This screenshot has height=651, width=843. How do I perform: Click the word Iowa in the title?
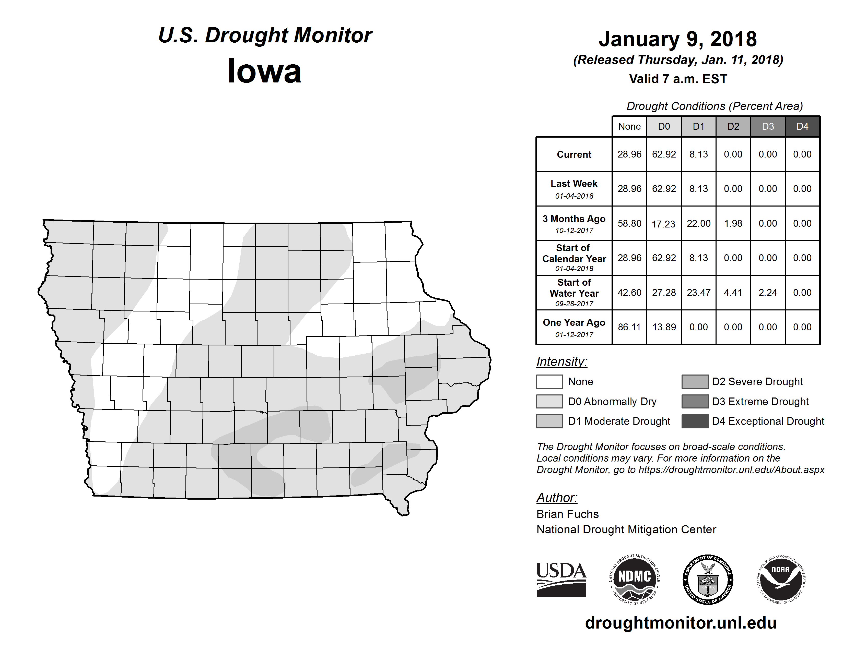[264, 71]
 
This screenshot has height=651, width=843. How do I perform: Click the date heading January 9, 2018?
[677, 39]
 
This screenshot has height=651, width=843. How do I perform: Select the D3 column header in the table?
[768, 126]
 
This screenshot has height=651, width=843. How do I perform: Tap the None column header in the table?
[629, 126]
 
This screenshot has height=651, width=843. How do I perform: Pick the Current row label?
[574, 154]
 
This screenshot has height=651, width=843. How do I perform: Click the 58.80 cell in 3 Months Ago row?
[629, 223]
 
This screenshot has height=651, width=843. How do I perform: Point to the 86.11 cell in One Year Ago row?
[629, 327]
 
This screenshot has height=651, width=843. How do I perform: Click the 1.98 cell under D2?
[733, 223]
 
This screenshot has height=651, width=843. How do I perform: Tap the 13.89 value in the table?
[664, 327]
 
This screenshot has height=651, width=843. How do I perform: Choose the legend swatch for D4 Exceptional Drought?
[695, 421]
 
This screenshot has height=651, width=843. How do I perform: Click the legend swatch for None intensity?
[549, 381]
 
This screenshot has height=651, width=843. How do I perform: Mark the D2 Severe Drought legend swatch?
[695, 381]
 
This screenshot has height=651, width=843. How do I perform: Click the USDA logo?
[561, 579]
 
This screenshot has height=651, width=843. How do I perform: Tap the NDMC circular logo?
[635, 579]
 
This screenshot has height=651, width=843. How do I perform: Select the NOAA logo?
[781, 579]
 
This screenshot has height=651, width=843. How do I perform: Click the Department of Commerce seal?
[708, 579]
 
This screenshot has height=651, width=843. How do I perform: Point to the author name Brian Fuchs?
[567, 514]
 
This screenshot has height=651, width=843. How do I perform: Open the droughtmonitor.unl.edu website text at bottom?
[681, 623]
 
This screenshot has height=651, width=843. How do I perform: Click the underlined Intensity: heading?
[561, 362]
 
